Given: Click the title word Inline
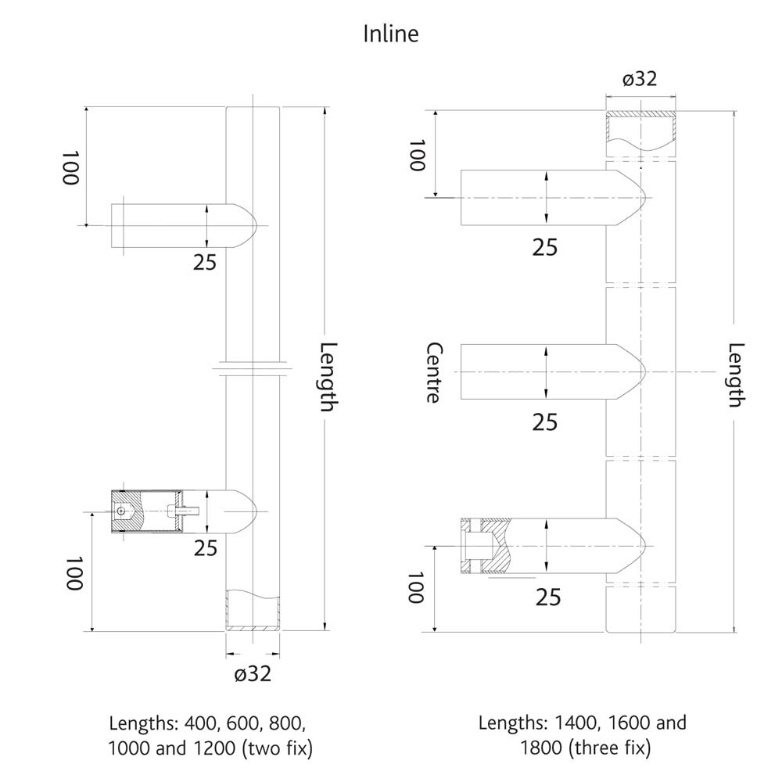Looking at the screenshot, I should coord(391,34).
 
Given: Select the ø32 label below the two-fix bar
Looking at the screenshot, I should coord(253,673).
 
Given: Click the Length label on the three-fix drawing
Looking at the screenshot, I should coord(735,375).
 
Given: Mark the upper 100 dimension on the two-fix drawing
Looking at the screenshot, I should coord(71,168).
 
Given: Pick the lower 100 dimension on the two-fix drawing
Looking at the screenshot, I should coord(74,573).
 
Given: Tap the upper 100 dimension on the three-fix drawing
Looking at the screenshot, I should coord(416,156).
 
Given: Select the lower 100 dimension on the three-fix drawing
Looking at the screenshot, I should coord(415,588).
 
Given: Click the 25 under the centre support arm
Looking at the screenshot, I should coord(545,422).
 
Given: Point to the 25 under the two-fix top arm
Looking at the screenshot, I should coord(205,263).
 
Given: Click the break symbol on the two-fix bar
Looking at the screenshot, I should coord(253,367).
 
